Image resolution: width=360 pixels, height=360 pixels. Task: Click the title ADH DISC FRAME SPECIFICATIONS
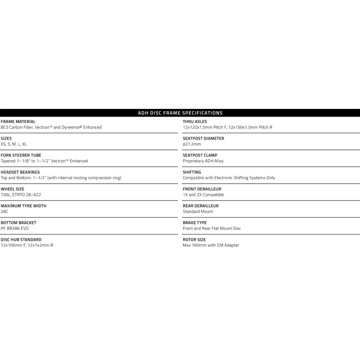pyautogui.click(x=180, y=113)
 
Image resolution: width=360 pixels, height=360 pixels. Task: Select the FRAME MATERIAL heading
pyautogui.click(x=18, y=121)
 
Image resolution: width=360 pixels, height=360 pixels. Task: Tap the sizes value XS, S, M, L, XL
pyautogui.click(x=14, y=144)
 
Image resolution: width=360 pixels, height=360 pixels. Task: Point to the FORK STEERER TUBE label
pyautogui.click(x=21, y=155)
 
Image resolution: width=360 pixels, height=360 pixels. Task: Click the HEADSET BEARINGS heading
pyautogui.click(x=20, y=172)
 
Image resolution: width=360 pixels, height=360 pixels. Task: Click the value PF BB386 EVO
pyautogui.click(x=15, y=229)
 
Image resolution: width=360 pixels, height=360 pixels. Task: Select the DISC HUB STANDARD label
pyautogui.click(x=21, y=239)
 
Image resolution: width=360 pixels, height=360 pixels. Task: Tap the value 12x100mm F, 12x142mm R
pyautogui.click(x=27, y=245)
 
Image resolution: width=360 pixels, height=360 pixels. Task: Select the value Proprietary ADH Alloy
pyautogui.click(x=203, y=161)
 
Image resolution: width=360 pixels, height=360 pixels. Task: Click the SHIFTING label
pyautogui.click(x=192, y=172)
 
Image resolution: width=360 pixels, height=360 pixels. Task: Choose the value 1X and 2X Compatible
pyautogui.click(x=203, y=195)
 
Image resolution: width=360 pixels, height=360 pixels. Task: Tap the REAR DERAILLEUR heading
pyautogui.click(x=201, y=206)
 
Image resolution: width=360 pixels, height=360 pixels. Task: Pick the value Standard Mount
pyautogui.click(x=198, y=211)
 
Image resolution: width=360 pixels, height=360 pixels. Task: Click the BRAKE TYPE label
pyautogui.click(x=195, y=223)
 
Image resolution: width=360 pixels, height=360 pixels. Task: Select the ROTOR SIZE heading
pyautogui.click(x=194, y=239)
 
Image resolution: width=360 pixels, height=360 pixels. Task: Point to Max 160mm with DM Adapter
pyautogui.click(x=211, y=245)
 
